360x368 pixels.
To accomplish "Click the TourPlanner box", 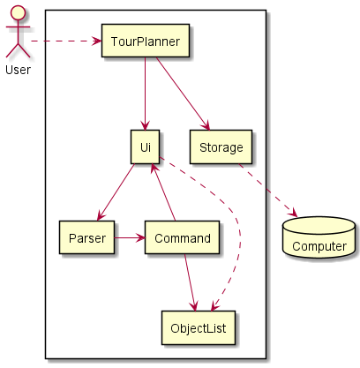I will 145,41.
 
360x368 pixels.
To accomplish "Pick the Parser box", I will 86,237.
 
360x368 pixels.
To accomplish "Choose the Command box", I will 182,237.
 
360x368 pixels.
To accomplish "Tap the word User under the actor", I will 18,69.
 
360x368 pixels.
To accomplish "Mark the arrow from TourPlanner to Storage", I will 180,94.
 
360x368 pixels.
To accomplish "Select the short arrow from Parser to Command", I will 130,237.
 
